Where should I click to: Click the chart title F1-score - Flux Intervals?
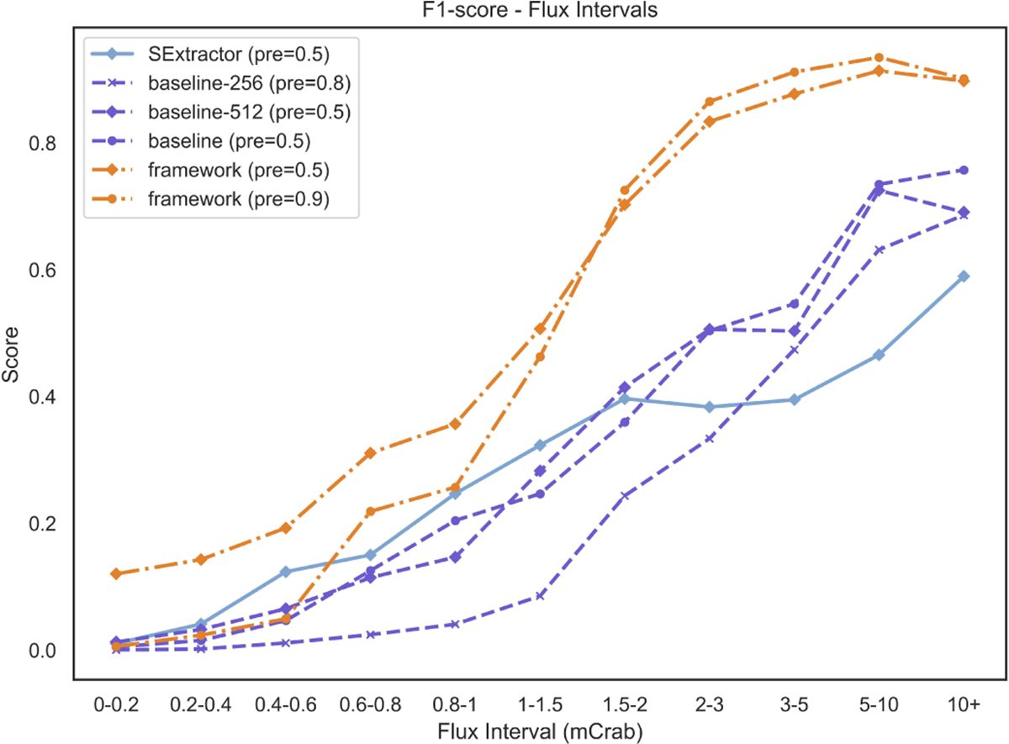click(540, 10)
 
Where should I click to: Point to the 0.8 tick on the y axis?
click(42, 144)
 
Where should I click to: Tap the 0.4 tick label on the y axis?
click(42, 398)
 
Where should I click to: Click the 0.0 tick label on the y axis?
click(42, 652)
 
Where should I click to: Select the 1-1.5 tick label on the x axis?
click(540, 704)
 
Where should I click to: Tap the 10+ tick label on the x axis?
click(964, 704)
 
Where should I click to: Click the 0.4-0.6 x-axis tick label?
click(286, 704)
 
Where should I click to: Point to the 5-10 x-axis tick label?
click(879, 704)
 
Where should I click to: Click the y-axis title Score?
click(11, 355)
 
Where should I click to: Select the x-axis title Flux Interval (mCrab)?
click(540, 732)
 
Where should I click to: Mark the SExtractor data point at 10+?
click(964, 277)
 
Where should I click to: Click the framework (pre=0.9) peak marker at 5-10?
click(879, 58)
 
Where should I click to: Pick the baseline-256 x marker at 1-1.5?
click(540, 596)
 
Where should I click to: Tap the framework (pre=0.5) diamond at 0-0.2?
click(116, 573)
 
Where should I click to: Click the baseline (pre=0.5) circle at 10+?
click(964, 170)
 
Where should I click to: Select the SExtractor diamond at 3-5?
click(795, 399)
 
